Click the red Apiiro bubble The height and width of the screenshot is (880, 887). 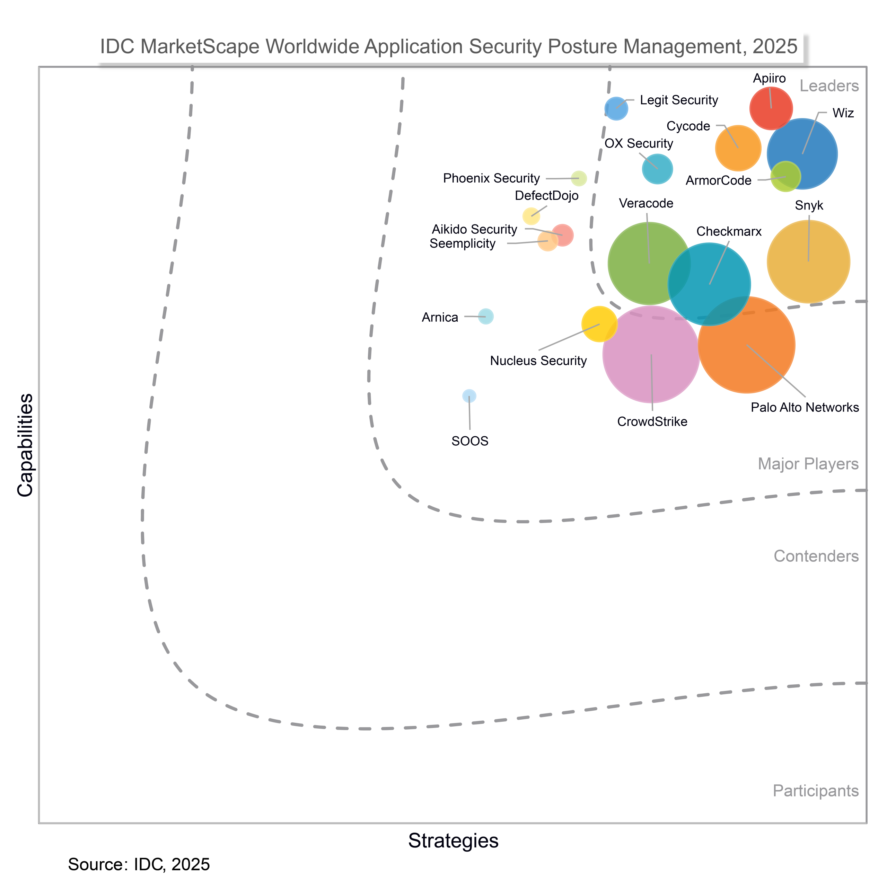click(x=771, y=108)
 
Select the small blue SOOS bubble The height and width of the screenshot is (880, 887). click(x=469, y=395)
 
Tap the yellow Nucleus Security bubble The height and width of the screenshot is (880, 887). click(x=599, y=324)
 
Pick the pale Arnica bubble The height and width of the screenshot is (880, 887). click(x=486, y=317)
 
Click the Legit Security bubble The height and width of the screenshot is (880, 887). click(x=616, y=109)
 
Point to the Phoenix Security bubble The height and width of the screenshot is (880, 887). click(x=579, y=178)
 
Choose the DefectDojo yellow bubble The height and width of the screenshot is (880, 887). click(x=531, y=216)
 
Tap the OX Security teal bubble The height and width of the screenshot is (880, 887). click(x=657, y=169)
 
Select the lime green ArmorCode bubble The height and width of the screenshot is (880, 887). click(x=785, y=177)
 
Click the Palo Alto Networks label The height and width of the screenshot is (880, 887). click(x=804, y=407)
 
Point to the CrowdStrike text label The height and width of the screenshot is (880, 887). click(x=652, y=422)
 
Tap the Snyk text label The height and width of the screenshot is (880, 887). click(x=809, y=206)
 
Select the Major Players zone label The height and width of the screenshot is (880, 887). click(x=808, y=464)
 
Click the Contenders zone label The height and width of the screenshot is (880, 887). click(x=816, y=556)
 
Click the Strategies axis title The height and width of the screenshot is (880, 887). click(x=453, y=841)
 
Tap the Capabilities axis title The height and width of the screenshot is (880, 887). click(x=25, y=445)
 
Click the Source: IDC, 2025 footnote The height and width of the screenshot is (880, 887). click(x=139, y=864)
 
